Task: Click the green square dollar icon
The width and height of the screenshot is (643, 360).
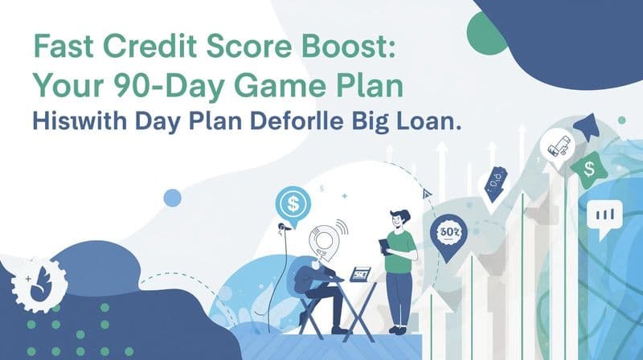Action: [x=588, y=167]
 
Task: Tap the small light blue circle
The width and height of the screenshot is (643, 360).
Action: [x=171, y=198]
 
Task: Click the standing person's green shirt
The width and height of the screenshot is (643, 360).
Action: [x=401, y=246]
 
